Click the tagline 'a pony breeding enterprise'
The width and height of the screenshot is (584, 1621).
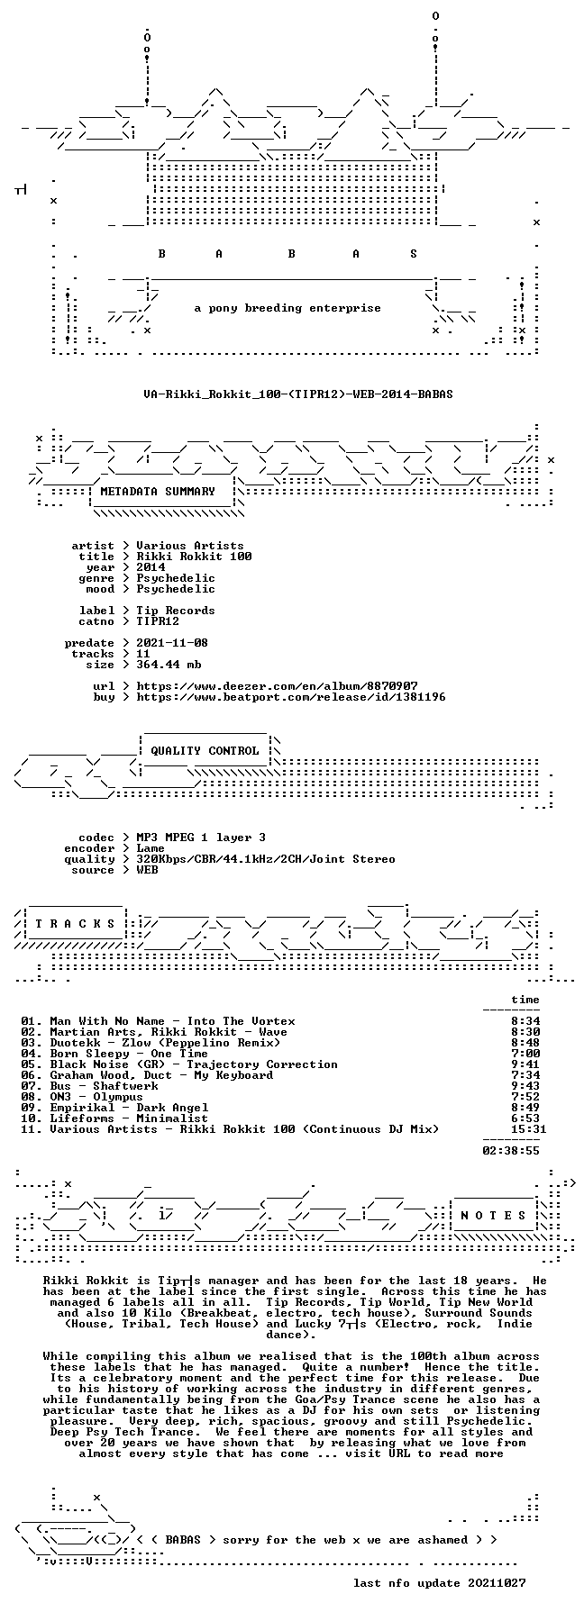(x=287, y=308)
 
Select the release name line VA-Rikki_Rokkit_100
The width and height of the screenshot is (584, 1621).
(x=298, y=394)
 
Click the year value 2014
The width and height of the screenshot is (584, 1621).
(x=151, y=567)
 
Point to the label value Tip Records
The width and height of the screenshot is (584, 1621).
(x=176, y=611)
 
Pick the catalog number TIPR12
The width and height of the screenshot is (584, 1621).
(x=158, y=621)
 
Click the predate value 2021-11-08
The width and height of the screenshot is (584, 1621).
(x=172, y=643)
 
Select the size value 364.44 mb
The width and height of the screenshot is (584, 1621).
(x=169, y=665)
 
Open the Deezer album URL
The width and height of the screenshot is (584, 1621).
(x=277, y=686)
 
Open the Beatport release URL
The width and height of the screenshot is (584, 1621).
(x=291, y=697)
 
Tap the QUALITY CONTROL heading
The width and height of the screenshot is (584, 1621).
(x=205, y=751)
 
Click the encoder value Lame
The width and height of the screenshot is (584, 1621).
(x=151, y=848)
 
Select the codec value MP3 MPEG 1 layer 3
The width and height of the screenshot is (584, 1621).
(x=201, y=838)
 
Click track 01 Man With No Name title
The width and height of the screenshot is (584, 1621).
(x=172, y=1021)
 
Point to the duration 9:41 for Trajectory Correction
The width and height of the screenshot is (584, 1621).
(x=525, y=1064)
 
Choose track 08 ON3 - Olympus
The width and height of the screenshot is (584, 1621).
(x=96, y=1097)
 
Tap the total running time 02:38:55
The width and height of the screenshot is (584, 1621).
(x=511, y=1151)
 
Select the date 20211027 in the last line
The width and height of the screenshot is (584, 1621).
(x=497, y=1583)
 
